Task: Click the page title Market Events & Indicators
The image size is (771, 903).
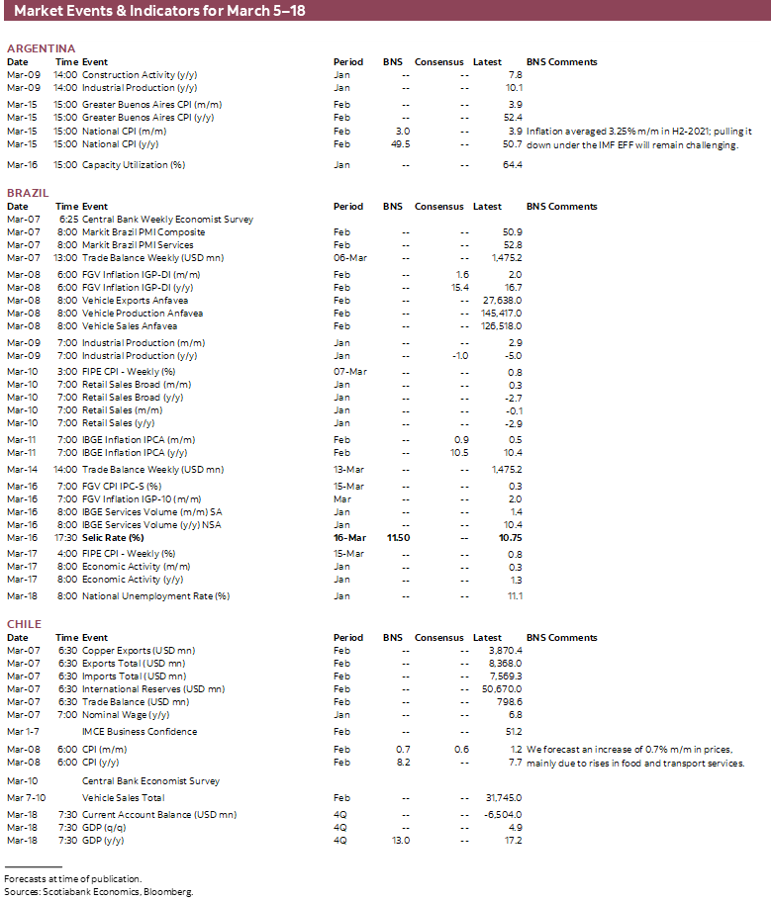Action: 145,10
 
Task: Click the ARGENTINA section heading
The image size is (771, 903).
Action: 41,48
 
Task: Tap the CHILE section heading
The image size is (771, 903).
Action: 25,624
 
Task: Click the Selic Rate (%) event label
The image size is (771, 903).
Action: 115,537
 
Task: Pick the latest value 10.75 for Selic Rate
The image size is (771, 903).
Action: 509,537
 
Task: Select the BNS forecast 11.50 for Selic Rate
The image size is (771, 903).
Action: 398,537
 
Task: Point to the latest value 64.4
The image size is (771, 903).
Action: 513,164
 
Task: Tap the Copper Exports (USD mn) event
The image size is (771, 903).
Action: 139,651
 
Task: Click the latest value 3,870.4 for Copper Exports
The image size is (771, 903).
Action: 504,651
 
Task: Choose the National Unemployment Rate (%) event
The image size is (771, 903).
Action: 155,596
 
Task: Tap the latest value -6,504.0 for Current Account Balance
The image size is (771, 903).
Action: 502,815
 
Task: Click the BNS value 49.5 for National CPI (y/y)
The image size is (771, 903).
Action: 401,143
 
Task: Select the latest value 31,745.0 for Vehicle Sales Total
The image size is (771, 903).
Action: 502,797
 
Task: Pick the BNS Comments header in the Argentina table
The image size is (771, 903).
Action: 561,62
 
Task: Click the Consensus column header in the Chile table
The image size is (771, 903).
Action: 438,638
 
